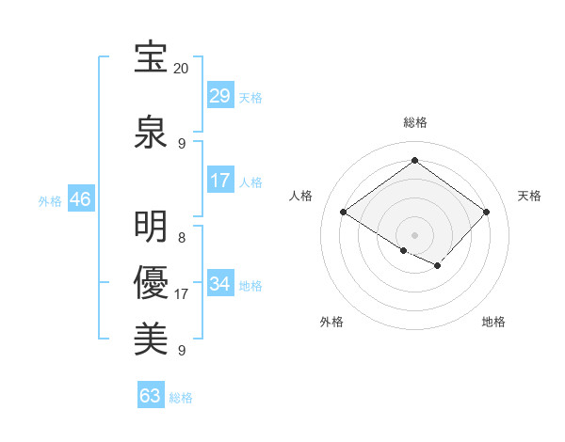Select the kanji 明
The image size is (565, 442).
(151, 227)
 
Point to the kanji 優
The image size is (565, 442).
(151, 283)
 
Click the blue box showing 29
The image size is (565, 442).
(220, 96)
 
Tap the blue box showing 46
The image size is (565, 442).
(80, 199)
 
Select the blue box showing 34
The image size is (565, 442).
(220, 284)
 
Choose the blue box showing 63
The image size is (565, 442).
(151, 396)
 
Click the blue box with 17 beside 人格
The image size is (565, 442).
(220, 181)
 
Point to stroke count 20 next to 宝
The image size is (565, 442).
(182, 69)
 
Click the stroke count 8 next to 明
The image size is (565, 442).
(182, 238)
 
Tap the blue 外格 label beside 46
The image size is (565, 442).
(50, 200)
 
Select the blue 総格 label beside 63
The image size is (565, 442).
(181, 398)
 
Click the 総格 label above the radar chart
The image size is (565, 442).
(414, 122)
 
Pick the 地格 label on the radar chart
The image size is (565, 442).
(493, 322)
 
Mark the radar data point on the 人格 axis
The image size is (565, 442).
(344, 213)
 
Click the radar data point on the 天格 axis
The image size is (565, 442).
(486, 213)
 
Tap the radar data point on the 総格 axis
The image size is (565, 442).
(414, 161)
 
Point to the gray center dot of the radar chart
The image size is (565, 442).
(414, 234)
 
